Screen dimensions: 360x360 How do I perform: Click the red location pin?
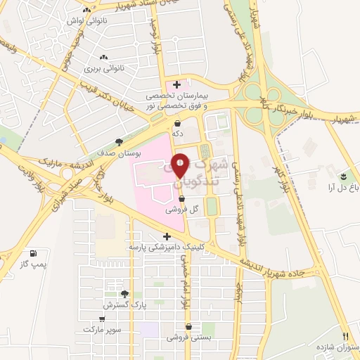tap(181, 167)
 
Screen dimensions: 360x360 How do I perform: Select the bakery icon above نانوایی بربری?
tap(104, 57)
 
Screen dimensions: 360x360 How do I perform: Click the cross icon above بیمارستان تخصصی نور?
tap(176, 84)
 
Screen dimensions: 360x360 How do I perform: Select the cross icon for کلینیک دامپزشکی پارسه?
tap(166, 236)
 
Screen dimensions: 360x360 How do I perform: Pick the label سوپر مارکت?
tap(102, 329)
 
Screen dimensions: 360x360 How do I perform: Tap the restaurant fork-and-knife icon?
tap(345, 335)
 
